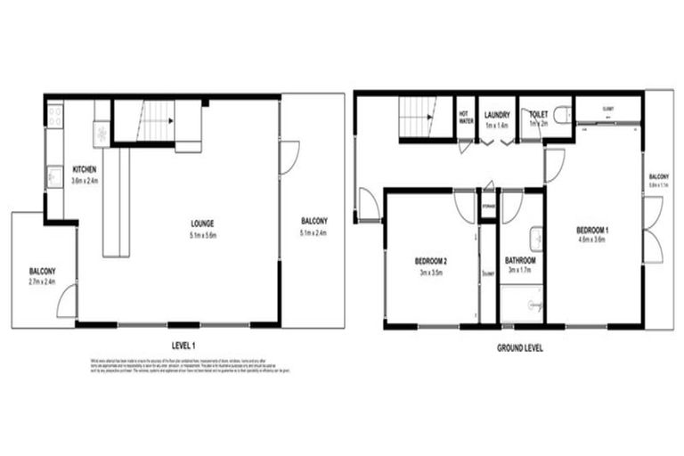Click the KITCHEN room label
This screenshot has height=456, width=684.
click(x=85, y=169)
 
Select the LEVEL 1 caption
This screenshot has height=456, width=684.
click(x=183, y=344)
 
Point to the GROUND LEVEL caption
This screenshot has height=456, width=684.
click(x=519, y=347)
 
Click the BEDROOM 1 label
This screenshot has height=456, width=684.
click(x=592, y=231)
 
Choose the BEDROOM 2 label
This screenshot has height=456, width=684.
click(x=431, y=261)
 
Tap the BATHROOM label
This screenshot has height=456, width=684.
click(x=520, y=261)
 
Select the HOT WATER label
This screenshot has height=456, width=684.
click(x=464, y=118)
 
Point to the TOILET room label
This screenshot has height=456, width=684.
click(x=537, y=115)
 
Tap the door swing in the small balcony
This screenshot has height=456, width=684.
click(x=67, y=304)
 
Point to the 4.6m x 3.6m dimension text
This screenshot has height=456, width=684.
click(x=592, y=240)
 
